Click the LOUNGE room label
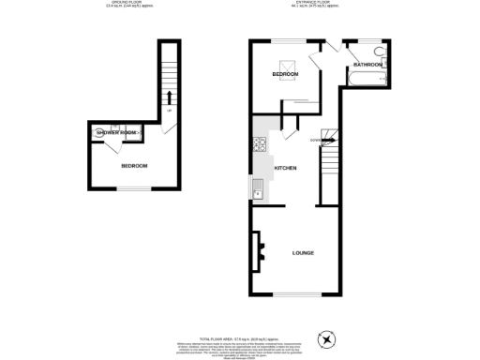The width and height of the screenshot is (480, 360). click(x=303, y=253)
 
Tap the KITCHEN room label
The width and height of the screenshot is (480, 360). click(x=285, y=168)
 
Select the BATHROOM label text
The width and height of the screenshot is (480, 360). click(x=367, y=65)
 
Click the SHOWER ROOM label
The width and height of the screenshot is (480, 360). click(x=116, y=133)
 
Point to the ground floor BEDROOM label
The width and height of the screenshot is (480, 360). click(x=133, y=166)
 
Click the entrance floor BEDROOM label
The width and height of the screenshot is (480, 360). click(x=285, y=73)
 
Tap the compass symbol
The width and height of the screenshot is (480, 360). click(x=327, y=337)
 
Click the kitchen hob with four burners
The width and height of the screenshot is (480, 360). click(x=260, y=144)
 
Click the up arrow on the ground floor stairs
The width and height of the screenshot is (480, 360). click(x=170, y=97)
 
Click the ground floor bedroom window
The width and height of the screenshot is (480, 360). click(x=133, y=191)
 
